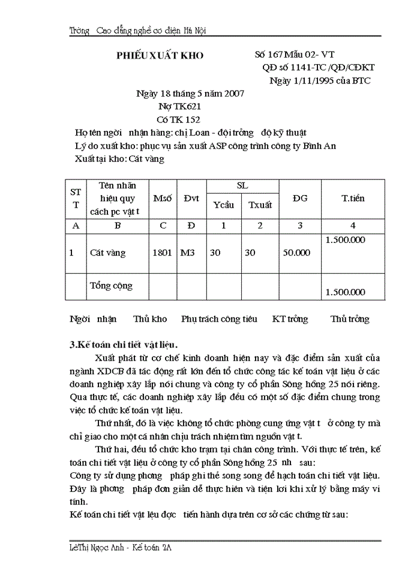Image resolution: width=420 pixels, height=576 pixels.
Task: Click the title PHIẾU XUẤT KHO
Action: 160,55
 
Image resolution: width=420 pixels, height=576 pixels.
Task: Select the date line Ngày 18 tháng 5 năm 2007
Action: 190,94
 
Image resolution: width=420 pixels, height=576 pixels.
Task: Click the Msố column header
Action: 163,198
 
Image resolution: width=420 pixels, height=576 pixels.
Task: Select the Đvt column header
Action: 191,198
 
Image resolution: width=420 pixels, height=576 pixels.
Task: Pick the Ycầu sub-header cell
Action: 224,205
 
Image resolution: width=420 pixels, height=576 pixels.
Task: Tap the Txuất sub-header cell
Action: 259,205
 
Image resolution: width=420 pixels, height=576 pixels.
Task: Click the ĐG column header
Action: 300,198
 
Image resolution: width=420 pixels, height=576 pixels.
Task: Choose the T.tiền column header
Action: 353,198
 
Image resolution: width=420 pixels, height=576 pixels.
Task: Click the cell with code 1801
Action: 163,253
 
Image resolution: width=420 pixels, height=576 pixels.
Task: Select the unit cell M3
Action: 188,253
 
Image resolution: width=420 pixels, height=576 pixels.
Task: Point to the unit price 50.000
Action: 296,253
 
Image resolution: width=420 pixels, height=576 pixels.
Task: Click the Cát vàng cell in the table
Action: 108,253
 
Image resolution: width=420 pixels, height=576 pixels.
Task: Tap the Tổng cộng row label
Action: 111,285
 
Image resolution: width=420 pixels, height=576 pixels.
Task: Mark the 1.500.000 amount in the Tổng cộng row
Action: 344,292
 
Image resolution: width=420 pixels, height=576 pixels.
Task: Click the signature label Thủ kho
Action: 150,319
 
